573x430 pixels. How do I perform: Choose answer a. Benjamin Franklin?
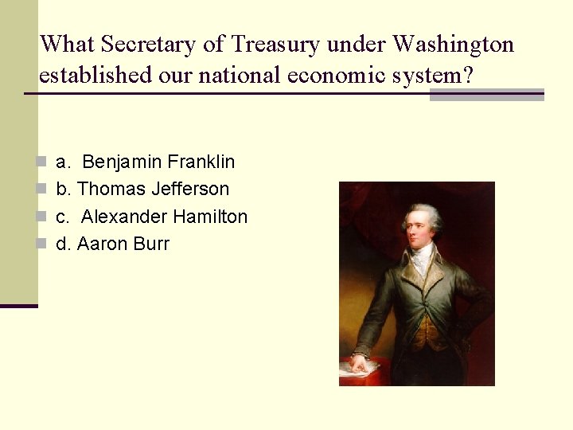[146, 162]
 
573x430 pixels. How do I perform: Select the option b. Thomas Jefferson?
[142, 190]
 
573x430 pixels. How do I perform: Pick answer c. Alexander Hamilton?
[151, 217]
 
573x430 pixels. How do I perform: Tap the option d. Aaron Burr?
[112, 244]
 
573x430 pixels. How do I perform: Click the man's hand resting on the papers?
[359, 363]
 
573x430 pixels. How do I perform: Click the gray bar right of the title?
[486, 96]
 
